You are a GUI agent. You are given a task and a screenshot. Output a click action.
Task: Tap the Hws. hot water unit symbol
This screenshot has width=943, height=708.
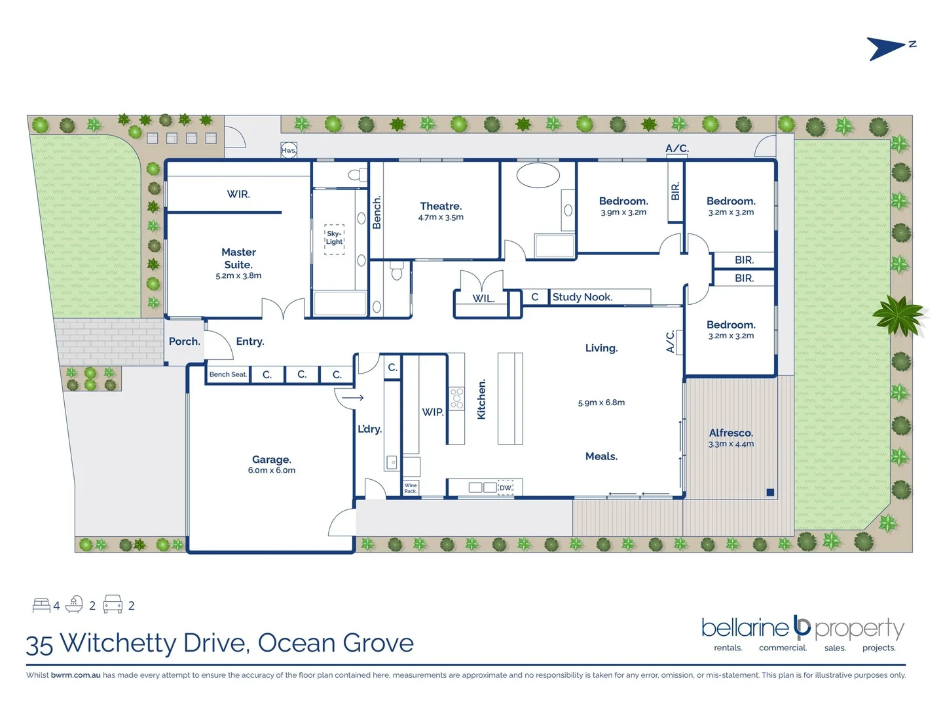[289, 150]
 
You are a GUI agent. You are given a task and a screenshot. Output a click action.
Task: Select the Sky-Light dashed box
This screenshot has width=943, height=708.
[334, 237]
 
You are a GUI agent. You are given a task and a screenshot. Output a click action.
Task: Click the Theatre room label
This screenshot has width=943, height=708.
[441, 206]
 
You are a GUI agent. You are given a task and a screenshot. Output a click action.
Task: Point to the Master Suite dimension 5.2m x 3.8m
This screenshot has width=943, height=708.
[238, 276]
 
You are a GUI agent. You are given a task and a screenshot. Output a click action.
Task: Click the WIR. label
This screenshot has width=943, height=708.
[238, 194]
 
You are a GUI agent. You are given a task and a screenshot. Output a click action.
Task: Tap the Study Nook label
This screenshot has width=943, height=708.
[582, 297]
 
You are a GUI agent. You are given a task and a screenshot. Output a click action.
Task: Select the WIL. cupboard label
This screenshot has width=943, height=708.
[483, 298]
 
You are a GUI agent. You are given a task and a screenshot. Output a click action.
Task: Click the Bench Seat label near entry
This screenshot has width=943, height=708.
[228, 374]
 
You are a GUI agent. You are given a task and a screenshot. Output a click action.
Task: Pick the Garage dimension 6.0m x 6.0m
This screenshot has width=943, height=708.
[271, 471]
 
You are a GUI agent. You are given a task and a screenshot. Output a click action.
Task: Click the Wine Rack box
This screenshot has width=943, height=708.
[411, 488]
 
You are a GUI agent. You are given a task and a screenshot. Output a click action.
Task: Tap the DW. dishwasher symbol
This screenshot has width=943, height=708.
[506, 488]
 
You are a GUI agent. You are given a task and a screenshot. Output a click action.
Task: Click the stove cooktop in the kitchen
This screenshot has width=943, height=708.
[456, 399]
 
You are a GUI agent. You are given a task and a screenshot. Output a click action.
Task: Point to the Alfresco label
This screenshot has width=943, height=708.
[731, 433]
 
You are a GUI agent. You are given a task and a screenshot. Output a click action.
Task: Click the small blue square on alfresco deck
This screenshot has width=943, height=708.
[770, 492]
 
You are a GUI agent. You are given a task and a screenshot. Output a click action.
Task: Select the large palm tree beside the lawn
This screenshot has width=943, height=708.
[900, 315]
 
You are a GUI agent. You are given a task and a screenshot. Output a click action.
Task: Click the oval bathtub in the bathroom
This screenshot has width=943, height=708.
[538, 176]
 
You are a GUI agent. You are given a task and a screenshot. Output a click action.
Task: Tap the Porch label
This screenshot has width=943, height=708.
[184, 342]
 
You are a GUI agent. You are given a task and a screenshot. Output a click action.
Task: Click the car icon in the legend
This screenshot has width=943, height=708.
[113, 604]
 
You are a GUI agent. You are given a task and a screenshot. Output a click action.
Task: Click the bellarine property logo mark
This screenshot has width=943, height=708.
[802, 627]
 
